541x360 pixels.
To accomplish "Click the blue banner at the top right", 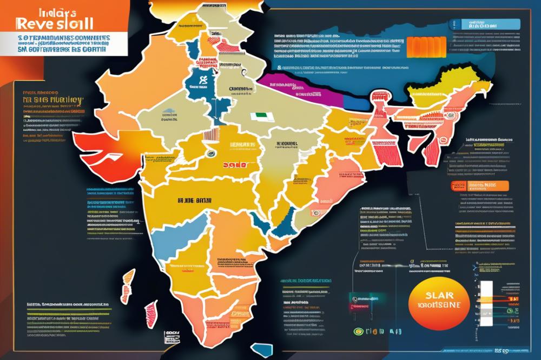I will (x=471, y=25).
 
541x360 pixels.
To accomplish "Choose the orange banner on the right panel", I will (x=479, y=186).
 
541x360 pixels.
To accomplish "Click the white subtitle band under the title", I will (x=63, y=43).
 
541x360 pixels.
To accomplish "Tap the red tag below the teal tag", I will (x=364, y=306).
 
